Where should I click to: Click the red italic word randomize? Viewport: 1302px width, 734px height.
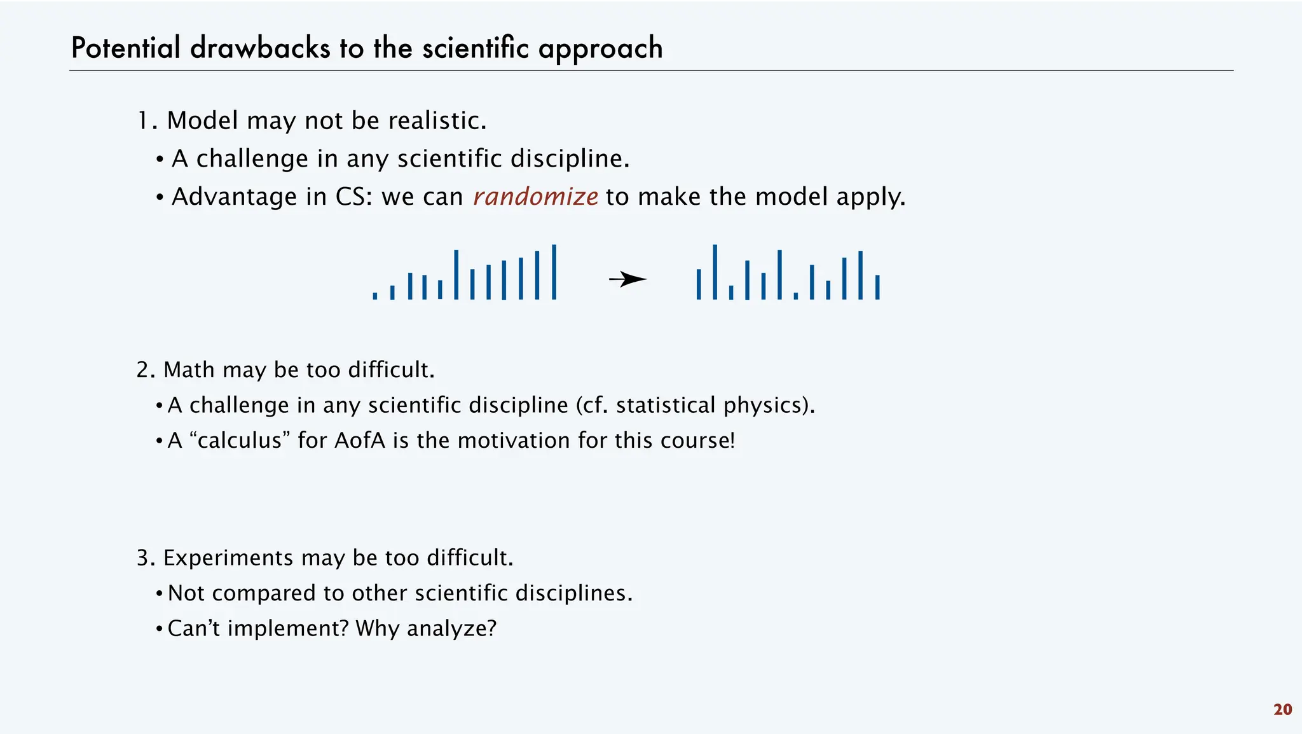(535, 197)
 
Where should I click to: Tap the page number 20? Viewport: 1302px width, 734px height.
(1282, 710)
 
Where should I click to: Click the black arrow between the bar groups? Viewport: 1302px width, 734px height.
(627, 279)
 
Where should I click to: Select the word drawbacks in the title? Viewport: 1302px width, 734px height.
(260, 48)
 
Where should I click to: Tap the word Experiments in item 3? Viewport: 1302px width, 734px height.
(229, 558)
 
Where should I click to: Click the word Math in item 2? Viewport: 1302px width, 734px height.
(189, 370)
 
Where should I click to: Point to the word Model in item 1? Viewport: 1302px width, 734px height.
(203, 121)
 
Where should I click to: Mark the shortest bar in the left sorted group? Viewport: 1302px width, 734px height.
(375, 296)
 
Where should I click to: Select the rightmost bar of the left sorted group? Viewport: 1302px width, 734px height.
(554, 272)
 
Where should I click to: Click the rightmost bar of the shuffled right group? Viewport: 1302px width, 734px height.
(877, 287)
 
